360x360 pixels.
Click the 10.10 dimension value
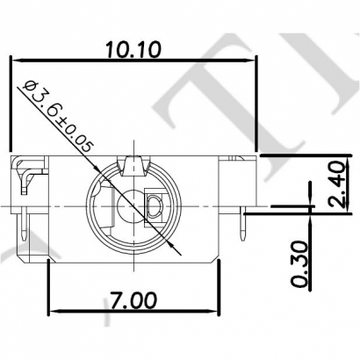pyautogui.click(x=132, y=49)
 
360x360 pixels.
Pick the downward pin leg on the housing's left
pyautogui.click(x=21, y=227)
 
